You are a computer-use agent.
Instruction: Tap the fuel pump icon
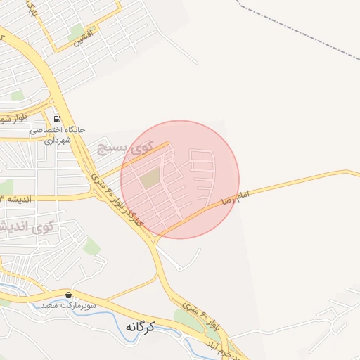56,118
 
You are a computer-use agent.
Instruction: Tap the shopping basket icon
68,295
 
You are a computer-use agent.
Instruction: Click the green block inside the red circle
150,179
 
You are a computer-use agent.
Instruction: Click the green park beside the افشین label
75,32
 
